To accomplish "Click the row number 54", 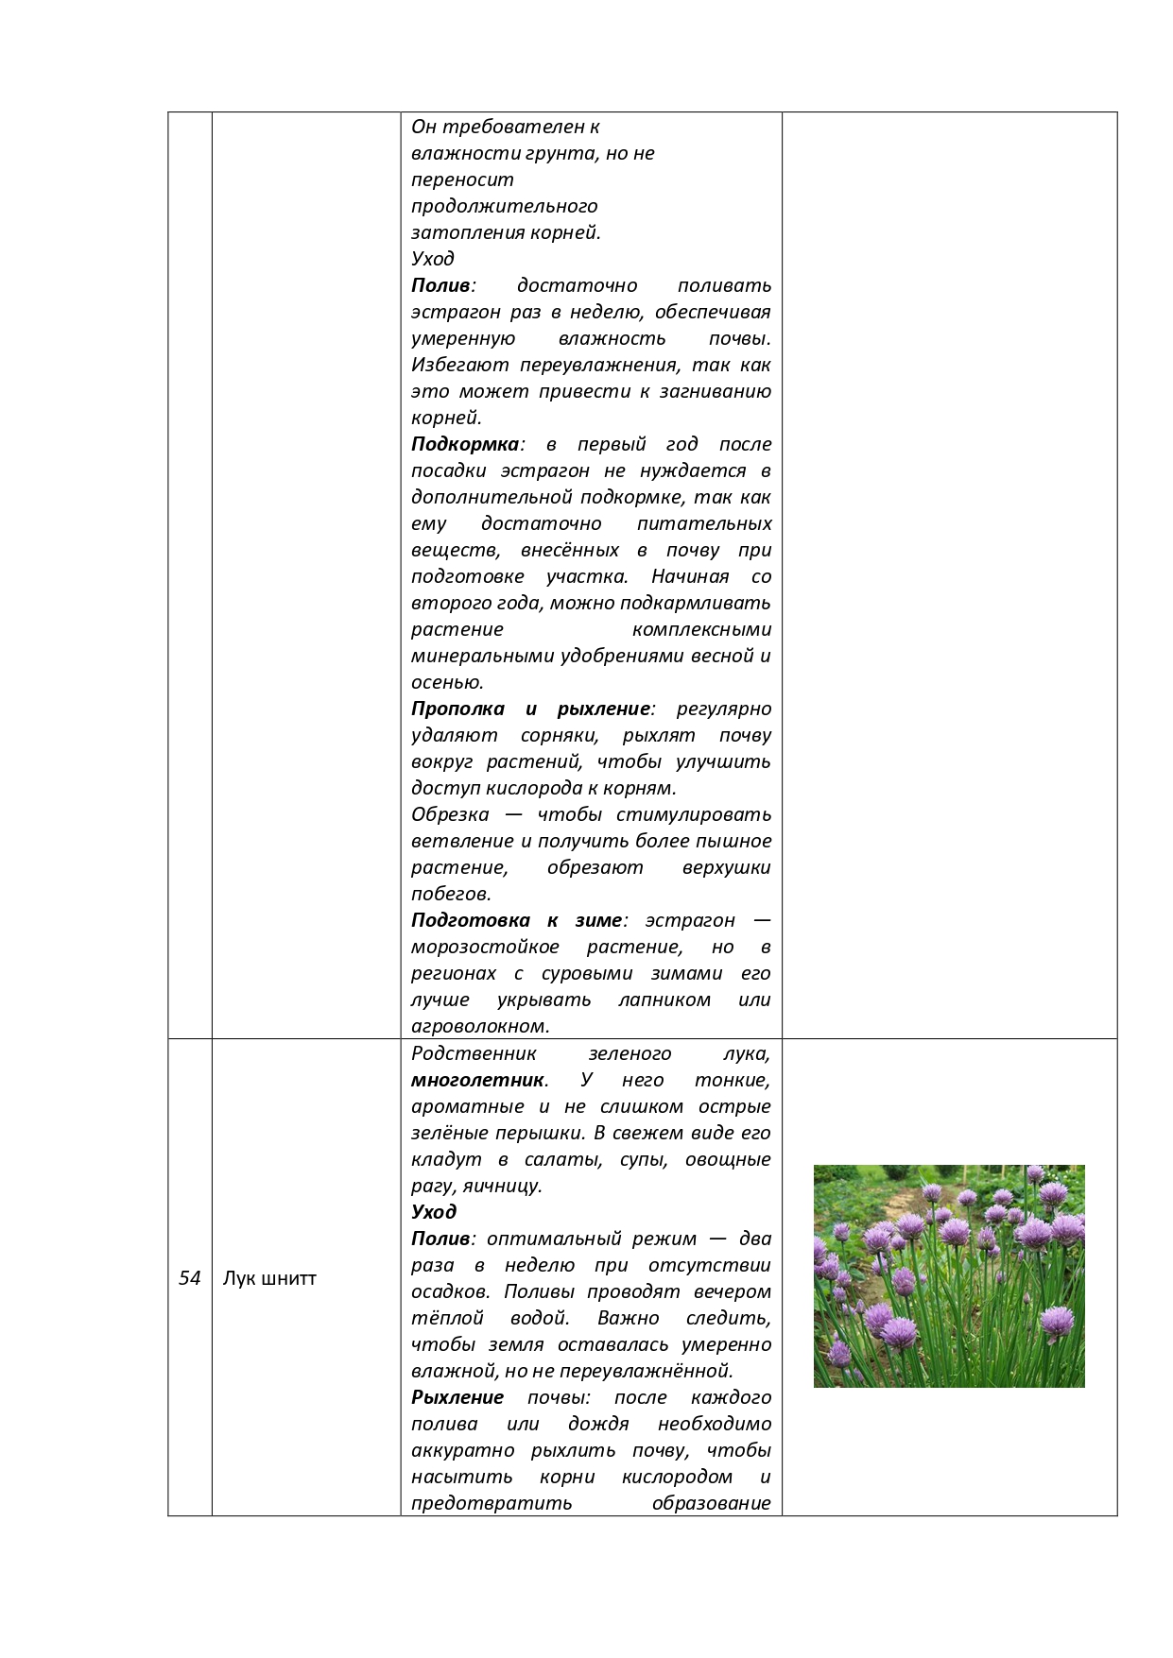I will click(190, 1278).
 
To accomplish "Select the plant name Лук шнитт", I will click(269, 1278).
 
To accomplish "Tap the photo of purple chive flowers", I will click(949, 1275).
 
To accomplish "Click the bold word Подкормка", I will click(465, 444).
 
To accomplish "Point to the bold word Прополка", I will click(457, 709).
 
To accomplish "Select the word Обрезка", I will click(450, 814).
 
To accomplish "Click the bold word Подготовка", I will click(470, 920).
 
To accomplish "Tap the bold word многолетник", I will click(477, 1080).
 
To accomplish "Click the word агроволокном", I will click(479, 1026).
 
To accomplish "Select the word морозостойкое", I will click(485, 947).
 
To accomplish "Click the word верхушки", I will click(726, 867).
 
